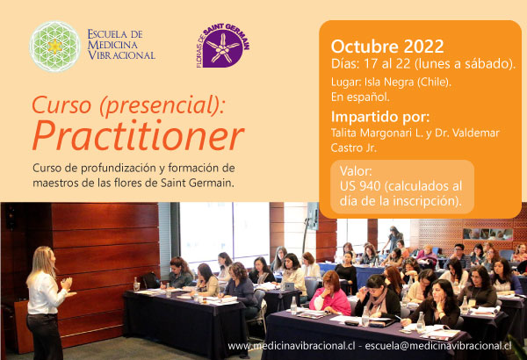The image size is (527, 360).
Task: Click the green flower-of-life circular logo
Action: [54, 47]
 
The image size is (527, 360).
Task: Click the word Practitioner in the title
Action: [138, 135]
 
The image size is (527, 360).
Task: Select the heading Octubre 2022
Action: [387, 46]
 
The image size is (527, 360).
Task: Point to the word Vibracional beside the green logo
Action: [121, 55]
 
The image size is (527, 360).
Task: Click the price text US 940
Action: [360, 186]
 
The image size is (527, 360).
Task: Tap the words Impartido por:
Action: [380, 118]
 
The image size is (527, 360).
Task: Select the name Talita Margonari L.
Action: [377, 133]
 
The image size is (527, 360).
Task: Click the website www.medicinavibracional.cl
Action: [292, 346]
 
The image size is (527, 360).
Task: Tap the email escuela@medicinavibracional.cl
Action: [438, 346]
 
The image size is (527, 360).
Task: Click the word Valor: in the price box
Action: [356, 171]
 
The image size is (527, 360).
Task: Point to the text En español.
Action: [360, 97]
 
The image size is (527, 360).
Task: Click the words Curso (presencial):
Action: [128, 104]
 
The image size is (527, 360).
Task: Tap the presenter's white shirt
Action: [45, 292]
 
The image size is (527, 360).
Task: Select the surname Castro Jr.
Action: [354, 148]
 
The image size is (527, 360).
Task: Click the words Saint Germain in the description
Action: [197, 184]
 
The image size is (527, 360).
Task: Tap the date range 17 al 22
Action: [386, 64]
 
